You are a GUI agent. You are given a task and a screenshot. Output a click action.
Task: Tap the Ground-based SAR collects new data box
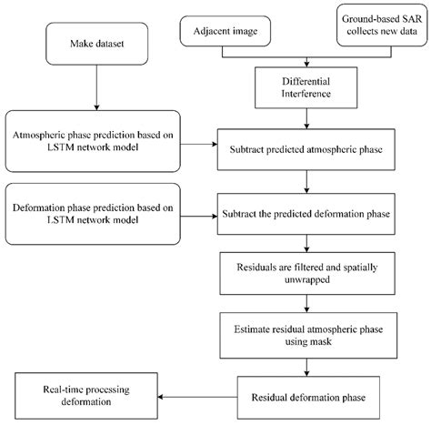click(378, 27)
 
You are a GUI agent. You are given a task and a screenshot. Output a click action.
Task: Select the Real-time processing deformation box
click(84, 397)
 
